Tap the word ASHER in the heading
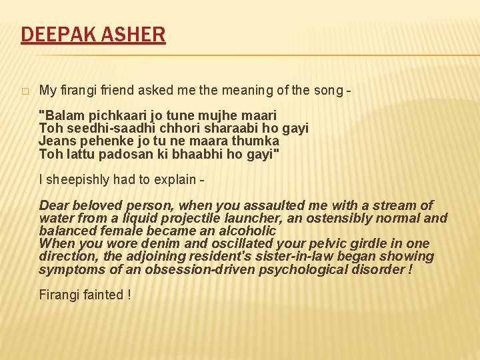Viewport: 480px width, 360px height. pyautogui.click(x=135, y=34)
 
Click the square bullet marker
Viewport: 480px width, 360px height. pyautogui.click(x=25, y=91)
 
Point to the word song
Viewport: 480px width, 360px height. pyautogui.click(x=326, y=90)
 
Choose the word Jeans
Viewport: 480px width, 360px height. pyautogui.click(x=56, y=141)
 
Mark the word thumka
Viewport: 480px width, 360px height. pyautogui.click(x=257, y=141)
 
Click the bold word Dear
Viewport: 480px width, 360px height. pyautogui.click(x=54, y=205)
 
